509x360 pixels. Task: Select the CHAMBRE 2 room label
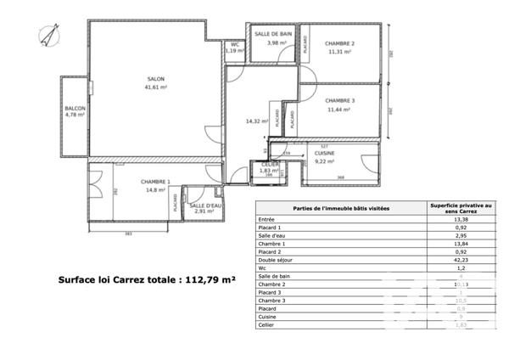tap(339, 43)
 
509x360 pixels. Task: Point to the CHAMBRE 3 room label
tap(340, 101)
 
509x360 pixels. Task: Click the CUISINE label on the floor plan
tap(324, 153)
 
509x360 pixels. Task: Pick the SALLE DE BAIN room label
tap(276, 34)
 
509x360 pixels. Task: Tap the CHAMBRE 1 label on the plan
tap(155, 182)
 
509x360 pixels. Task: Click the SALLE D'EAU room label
tap(205, 206)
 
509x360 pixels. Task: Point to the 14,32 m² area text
tap(256, 121)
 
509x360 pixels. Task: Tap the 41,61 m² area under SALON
tap(155, 87)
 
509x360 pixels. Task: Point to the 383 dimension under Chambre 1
tap(129, 232)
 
